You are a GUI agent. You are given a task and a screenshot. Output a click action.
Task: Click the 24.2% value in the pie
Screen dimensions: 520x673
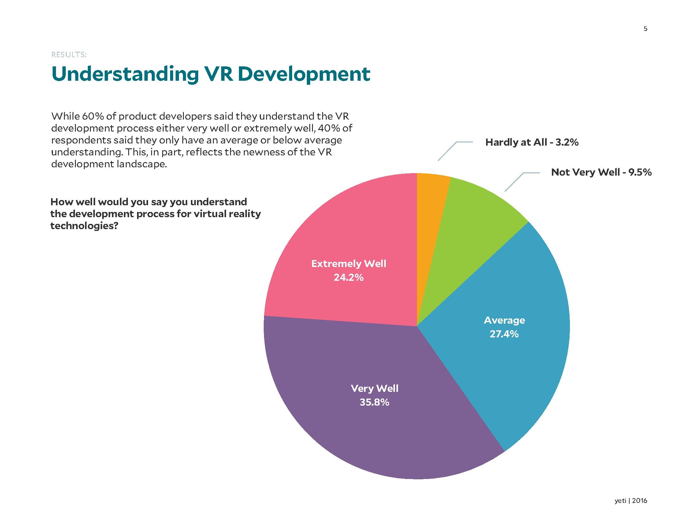click(x=348, y=277)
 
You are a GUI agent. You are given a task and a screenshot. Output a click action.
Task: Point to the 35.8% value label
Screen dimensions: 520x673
click(x=374, y=402)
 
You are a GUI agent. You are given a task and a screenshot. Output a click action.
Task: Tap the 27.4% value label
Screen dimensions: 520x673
click(x=504, y=334)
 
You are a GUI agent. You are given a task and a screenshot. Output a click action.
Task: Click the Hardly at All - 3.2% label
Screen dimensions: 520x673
click(x=532, y=142)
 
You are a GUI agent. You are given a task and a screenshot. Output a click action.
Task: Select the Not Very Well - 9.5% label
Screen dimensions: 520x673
click(x=601, y=172)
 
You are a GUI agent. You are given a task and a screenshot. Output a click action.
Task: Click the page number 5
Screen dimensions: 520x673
click(x=645, y=29)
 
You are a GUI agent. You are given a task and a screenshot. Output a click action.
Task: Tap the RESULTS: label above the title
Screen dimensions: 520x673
click(x=69, y=55)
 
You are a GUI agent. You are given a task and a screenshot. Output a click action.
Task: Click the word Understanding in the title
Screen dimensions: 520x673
click(x=125, y=75)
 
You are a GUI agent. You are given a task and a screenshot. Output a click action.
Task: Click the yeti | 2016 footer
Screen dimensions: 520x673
click(x=630, y=501)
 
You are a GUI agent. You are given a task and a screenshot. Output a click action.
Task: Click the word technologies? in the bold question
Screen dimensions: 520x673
click(x=84, y=226)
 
